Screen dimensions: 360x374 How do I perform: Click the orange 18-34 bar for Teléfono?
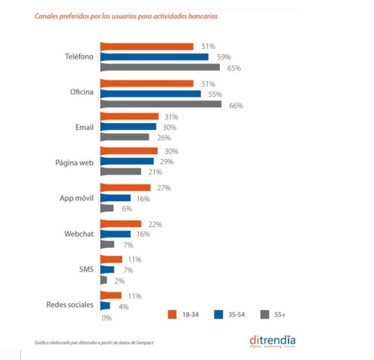[146, 46]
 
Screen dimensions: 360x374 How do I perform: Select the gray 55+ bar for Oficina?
[160, 105]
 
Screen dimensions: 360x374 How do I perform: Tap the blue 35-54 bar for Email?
[127, 127]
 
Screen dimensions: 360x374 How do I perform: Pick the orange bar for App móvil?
[124, 188]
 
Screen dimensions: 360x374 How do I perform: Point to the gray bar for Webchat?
[106, 244]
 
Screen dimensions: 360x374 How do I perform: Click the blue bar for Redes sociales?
[105, 306]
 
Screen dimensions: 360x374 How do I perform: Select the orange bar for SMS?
[111, 259]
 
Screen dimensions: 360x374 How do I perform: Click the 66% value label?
[236, 105]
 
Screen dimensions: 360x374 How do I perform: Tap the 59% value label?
[223, 57]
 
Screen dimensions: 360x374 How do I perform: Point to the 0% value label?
[107, 317]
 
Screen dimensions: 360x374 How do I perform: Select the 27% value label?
[164, 188]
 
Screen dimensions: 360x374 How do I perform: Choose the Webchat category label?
[78, 234]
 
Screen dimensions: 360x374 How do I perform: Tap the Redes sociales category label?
[70, 305]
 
